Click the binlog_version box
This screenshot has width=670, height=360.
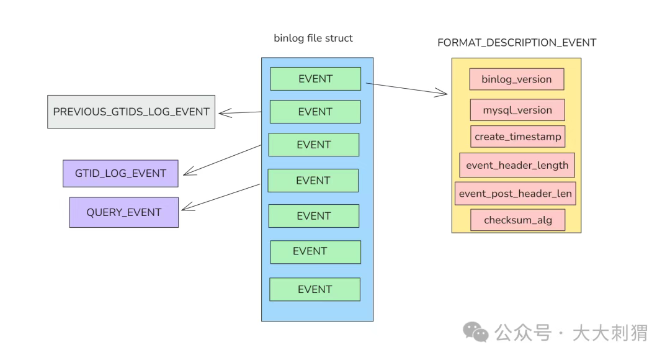tap(517, 79)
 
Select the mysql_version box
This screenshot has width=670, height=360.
tap(517, 110)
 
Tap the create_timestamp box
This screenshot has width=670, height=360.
tap(518, 137)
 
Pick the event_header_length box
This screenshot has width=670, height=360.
tap(517, 165)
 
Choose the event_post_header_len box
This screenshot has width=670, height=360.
tap(516, 194)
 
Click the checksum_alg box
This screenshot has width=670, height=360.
tap(518, 220)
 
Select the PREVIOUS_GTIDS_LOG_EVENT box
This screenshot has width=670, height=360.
tap(131, 112)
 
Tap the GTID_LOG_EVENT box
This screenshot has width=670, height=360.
tap(120, 174)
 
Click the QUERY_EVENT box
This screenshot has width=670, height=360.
tap(124, 212)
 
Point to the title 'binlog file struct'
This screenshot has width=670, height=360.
tap(313, 38)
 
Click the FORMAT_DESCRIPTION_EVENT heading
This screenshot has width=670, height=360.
tap(517, 43)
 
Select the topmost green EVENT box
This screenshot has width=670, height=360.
tap(315, 79)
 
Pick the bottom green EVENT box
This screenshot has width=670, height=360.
tap(315, 289)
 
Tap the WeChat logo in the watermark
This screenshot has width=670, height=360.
tap(476, 332)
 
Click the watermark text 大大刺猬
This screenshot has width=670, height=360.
tap(610, 333)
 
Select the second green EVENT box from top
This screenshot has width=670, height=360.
tap(315, 112)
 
